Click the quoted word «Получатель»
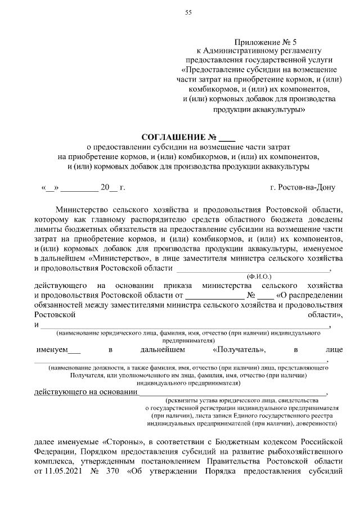point(240,349)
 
